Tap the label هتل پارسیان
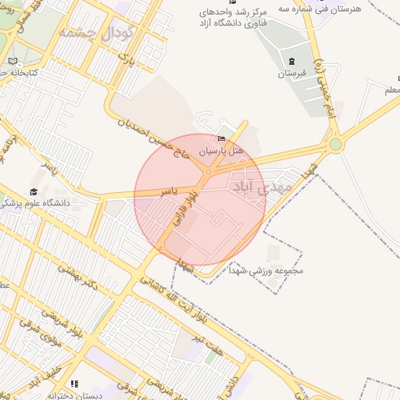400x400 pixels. coord(223,149)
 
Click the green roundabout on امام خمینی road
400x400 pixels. coord(336,144)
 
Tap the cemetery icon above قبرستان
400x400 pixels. coord(291,61)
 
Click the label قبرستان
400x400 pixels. coord(291,74)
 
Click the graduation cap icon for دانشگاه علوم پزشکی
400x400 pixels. coord(34,191)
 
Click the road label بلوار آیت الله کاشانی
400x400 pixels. coord(163,300)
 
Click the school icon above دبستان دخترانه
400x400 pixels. coord(74,384)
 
